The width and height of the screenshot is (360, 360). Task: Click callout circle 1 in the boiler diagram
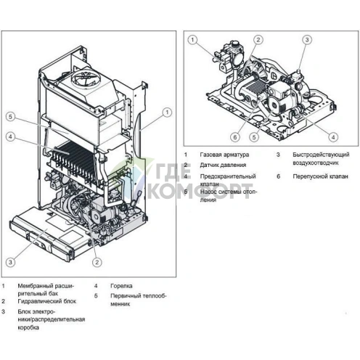coord(167,112)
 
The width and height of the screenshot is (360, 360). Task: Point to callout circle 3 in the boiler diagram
coord(10,261)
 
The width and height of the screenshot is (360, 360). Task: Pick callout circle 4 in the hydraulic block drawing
coord(332,136)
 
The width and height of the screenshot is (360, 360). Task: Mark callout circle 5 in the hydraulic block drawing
coord(253,136)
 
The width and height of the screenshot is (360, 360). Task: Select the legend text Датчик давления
coord(224,165)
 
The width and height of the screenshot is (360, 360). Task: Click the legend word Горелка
coord(121,286)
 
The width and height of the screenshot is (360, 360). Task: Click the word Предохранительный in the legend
coord(228,176)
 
